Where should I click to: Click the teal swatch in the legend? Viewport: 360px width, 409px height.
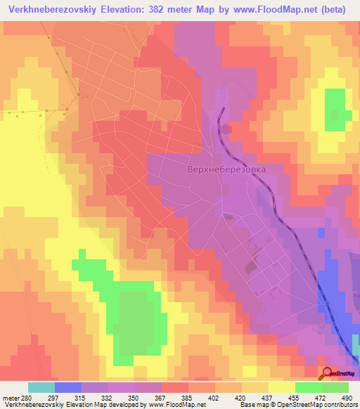(x=41, y=387)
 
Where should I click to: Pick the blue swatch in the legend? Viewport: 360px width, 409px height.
(x=68, y=387)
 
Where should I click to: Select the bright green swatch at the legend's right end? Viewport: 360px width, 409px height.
(x=335, y=387)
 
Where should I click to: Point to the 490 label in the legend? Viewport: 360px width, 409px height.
(x=346, y=396)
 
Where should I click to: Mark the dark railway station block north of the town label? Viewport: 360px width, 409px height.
(x=224, y=129)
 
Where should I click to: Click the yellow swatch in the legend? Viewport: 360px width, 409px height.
(x=282, y=387)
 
